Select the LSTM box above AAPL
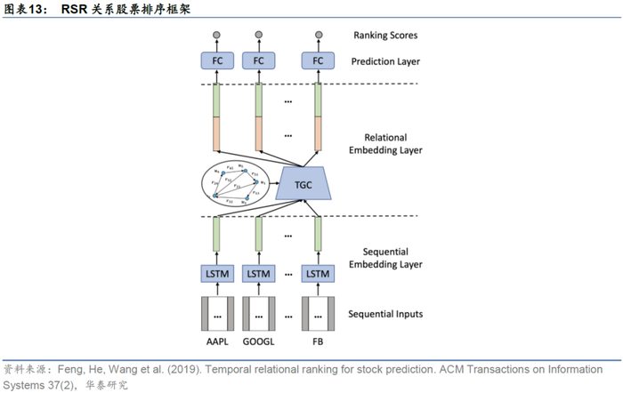coord(216,275)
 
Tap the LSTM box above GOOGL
coord(259,275)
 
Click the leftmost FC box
coord(216,61)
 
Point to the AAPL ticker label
coord(216,342)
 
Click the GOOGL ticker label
coord(259,342)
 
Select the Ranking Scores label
coord(385,36)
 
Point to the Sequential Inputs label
coord(385,314)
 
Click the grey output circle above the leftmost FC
coord(216,36)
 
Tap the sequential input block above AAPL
coord(216,315)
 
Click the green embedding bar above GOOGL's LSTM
coord(259,235)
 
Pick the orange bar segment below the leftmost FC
coord(216,132)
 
